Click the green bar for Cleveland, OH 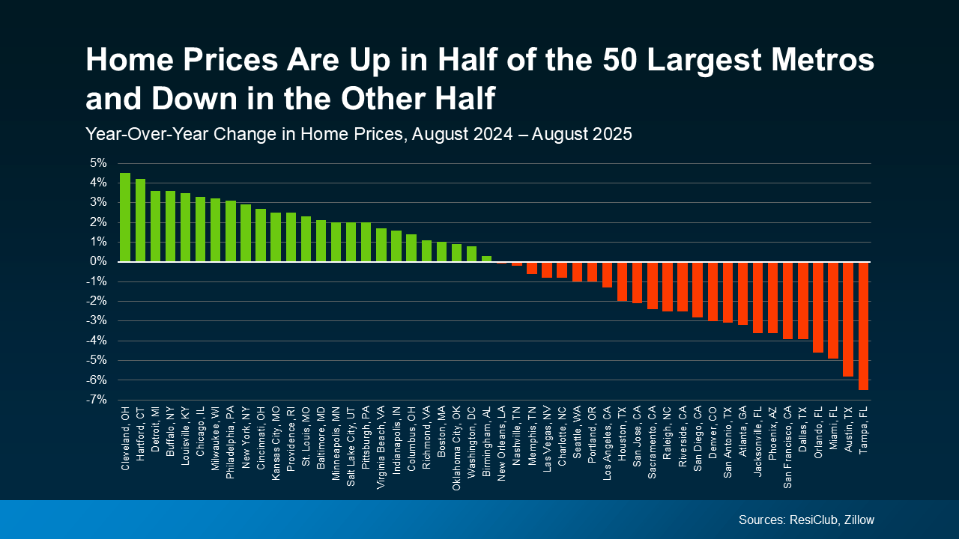point(125,217)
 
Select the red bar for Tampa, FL point(863,326)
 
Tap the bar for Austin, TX point(848,319)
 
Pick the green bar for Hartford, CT point(140,220)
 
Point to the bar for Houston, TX point(622,281)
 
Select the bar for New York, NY point(246,233)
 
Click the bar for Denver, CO point(713,291)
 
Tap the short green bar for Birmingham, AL point(486,259)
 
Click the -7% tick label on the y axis point(96,400)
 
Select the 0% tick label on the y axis point(97,262)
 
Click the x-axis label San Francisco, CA point(787,446)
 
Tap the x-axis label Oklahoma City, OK point(456,448)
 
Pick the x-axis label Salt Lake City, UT point(351,447)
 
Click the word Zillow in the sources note point(857,520)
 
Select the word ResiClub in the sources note point(806,520)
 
